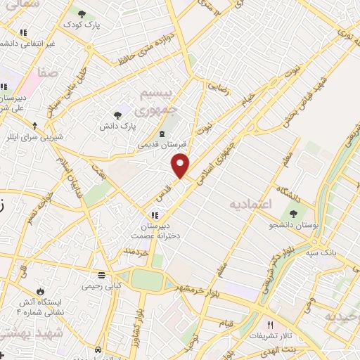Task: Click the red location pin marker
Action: pos(181,165)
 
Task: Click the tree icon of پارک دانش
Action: pos(117,115)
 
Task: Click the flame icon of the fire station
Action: pos(40,291)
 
